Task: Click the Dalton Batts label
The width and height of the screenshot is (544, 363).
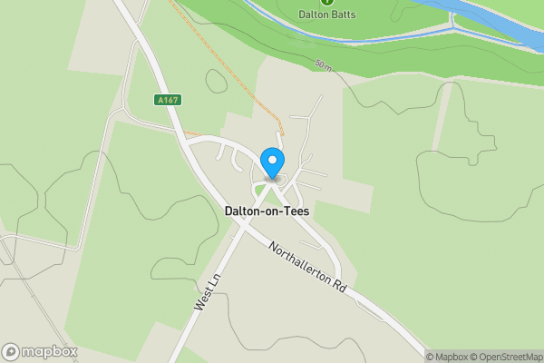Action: pyautogui.click(x=328, y=15)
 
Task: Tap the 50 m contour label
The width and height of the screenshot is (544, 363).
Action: pyautogui.click(x=324, y=64)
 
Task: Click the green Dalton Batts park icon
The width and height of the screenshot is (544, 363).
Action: pyautogui.click(x=328, y=2)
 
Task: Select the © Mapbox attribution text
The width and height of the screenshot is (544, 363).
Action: pyautogui.click(x=451, y=356)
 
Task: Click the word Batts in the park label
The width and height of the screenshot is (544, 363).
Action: pyautogui.click(x=343, y=15)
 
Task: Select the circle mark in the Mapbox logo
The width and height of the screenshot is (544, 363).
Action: pyautogui.click(x=11, y=351)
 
